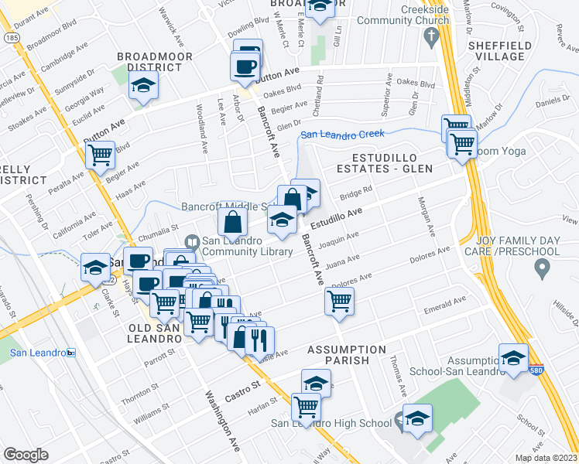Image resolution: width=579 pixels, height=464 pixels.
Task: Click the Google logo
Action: click(26, 455)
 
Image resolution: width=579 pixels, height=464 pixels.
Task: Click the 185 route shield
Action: click(11, 36)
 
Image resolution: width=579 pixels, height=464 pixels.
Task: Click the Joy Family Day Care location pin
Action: click(542, 269)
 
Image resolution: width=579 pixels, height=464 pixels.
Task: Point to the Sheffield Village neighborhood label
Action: click(500, 51)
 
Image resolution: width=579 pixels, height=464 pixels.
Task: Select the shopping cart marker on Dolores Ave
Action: click(339, 301)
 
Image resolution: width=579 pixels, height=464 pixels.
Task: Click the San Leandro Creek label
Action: click(342, 135)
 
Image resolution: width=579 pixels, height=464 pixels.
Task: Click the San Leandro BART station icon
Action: click(71, 353)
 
